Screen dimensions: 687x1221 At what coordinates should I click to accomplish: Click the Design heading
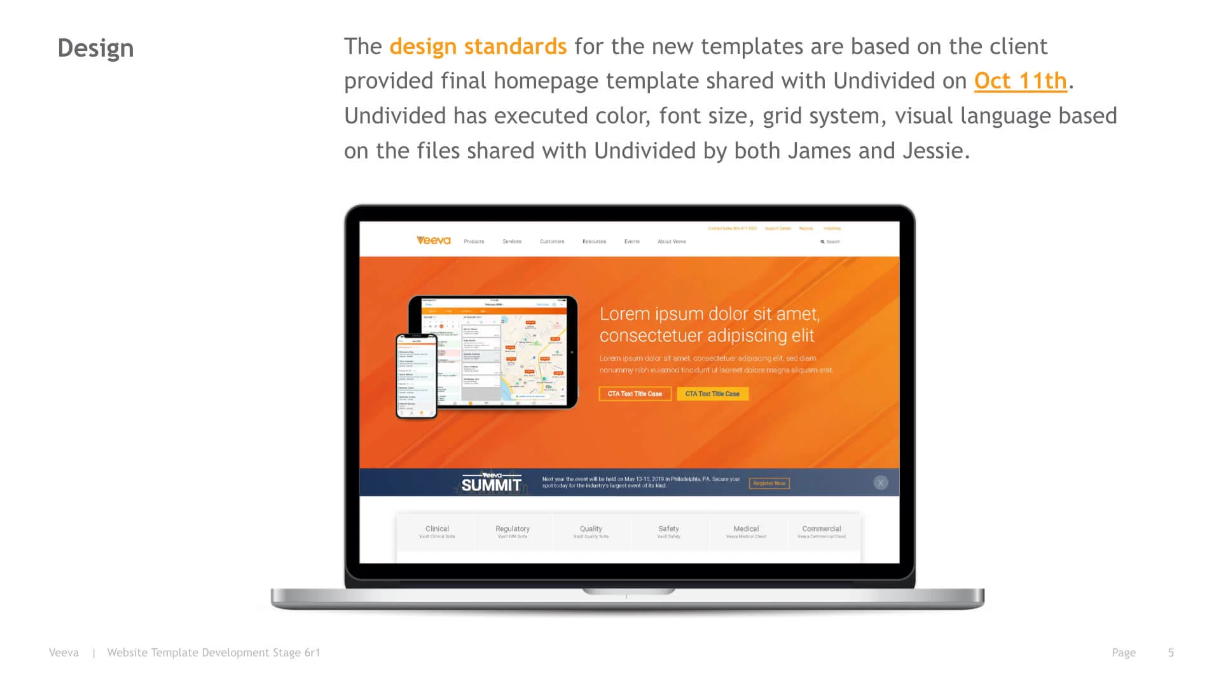click(95, 48)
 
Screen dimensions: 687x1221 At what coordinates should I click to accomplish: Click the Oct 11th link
click(1020, 81)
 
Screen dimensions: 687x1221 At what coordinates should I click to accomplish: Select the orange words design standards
click(478, 46)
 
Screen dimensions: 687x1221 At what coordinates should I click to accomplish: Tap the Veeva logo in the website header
click(434, 240)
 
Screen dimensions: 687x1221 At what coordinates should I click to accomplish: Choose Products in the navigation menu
click(474, 242)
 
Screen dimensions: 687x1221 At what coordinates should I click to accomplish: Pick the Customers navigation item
click(552, 242)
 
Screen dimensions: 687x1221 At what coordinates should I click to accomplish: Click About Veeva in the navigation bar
click(672, 242)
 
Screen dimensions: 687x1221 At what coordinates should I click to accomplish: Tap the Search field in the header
click(831, 242)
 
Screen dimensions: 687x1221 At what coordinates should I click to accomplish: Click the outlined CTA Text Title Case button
click(635, 394)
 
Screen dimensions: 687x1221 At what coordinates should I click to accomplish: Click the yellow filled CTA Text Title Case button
click(712, 394)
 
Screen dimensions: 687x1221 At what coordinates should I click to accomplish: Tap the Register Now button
click(769, 483)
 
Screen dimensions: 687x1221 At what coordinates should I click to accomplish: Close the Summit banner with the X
click(881, 483)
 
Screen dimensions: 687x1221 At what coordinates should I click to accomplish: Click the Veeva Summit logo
click(491, 483)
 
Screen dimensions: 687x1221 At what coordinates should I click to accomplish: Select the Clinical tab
click(437, 531)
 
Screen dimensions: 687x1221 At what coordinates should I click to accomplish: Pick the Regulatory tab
click(513, 531)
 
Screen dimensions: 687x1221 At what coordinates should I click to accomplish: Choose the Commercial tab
click(822, 531)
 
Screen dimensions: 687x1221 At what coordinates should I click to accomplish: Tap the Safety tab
click(668, 531)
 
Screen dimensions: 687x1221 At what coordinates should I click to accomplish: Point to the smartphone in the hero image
click(417, 375)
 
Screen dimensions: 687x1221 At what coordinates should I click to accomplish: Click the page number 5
click(1171, 653)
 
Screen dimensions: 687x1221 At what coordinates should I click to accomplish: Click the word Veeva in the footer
click(64, 653)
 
